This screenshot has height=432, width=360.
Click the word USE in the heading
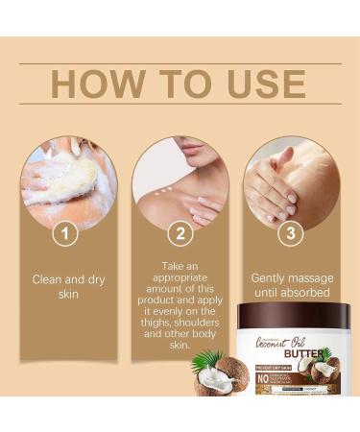[x=270, y=83]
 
